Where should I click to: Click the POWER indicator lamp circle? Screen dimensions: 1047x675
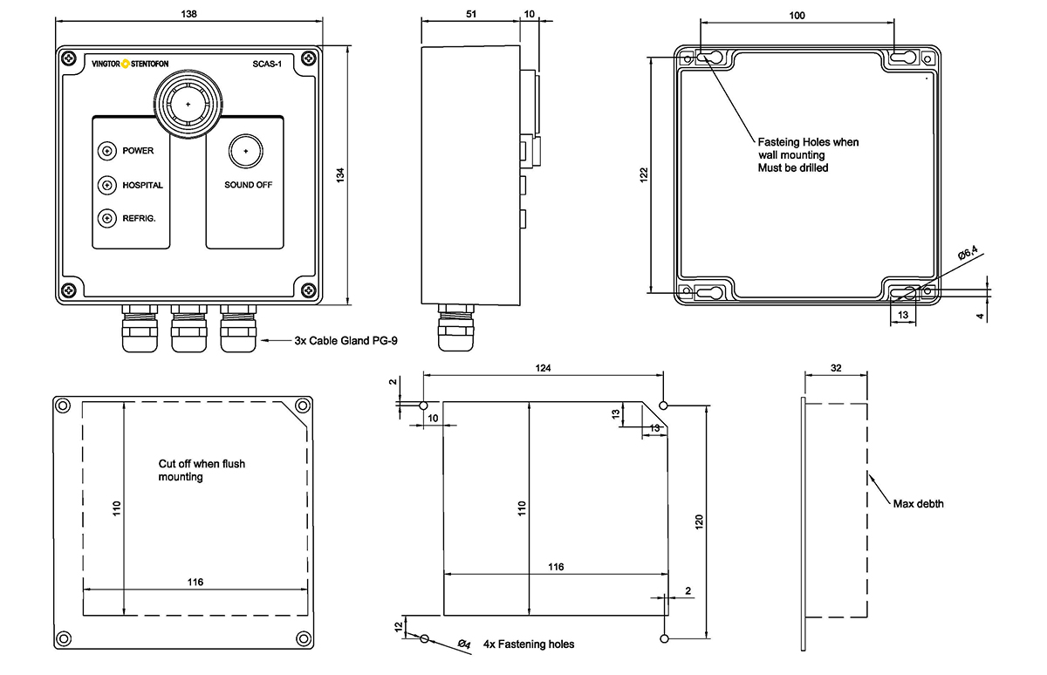coord(107,151)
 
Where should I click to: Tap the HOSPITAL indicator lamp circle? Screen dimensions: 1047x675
coord(107,185)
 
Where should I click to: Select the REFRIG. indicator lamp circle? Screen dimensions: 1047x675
coord(107,218)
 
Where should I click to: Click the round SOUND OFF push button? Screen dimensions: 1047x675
coord(246,151)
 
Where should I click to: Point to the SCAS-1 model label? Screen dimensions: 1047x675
coord(267,64)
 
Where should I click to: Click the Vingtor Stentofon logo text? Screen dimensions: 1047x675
coord(130,64)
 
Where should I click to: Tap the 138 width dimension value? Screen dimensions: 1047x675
coord(188,14)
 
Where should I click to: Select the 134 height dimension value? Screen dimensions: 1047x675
coord(340,175)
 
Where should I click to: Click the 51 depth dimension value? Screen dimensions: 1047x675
coord(471,14)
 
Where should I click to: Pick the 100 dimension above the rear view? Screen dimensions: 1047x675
coord(797,16)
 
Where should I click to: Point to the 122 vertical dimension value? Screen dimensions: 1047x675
coord(644,174)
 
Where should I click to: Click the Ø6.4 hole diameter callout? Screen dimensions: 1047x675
coord(968,253)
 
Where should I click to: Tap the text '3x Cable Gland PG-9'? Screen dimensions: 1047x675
coord(346,340)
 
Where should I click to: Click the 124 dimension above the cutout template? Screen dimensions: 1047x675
coord(543,368)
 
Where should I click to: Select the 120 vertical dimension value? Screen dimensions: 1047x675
coord(699,522)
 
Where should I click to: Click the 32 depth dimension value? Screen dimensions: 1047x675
coord(836,368)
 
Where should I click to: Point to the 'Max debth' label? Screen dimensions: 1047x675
coord(919,503)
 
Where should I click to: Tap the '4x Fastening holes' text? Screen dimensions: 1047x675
coord(529,644)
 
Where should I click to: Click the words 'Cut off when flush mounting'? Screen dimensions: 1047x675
coord(202,470)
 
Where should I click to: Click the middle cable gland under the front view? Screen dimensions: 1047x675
coord(188,329)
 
